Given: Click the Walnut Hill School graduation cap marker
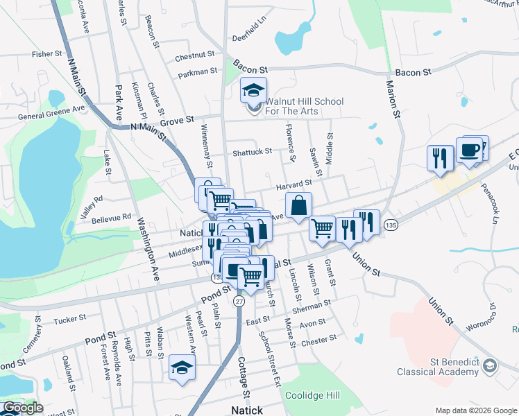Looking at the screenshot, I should click(x=253, y=91).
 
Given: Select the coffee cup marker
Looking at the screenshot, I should click(x=470, y=150).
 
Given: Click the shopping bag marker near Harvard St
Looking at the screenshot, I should click(x=298, y=206).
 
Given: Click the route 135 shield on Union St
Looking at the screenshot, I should click(x=391, y=225).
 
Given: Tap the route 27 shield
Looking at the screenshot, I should click(x=239, y=301).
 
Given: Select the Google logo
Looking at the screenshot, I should click(x=22, y=408).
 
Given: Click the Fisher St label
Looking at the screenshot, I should click(x=47, y=53).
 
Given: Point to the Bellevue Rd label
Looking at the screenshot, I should click(x=112, y=217).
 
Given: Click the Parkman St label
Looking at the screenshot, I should click(x=197, y=71).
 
